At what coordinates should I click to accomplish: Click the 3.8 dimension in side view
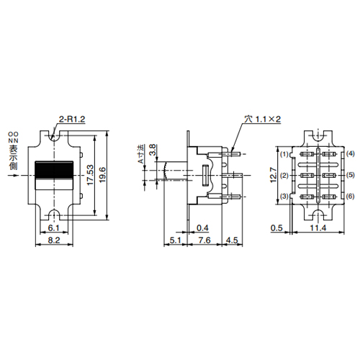pos(153,151)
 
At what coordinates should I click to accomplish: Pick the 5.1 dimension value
pos(176,241)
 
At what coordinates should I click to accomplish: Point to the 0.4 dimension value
pos(203,228)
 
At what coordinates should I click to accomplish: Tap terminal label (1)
pos(284,154)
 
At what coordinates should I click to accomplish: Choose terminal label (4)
pos(350,154)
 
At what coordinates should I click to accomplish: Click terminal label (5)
pos(350,175)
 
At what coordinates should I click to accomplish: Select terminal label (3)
pos(284,197)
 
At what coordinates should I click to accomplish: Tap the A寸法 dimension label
pos(142,153)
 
